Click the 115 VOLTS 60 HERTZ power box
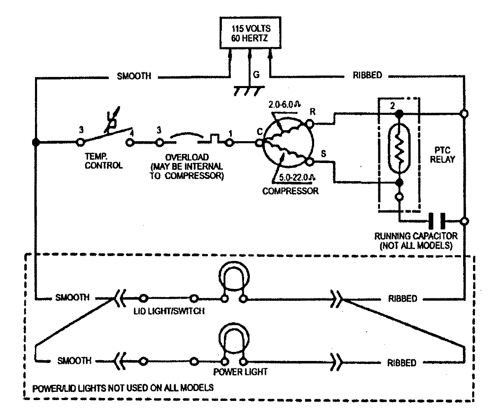tap(250, 33)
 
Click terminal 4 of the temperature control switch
tap(130, 142)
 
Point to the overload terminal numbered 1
tap(229, 142)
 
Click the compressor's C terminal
tap(259, 142)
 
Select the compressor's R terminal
tap(310, 122)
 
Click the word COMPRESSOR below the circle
tap(290, 191)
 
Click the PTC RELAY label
tap(443, 155)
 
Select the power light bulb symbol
tap(234, 341)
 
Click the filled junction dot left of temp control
tap(36, 142)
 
